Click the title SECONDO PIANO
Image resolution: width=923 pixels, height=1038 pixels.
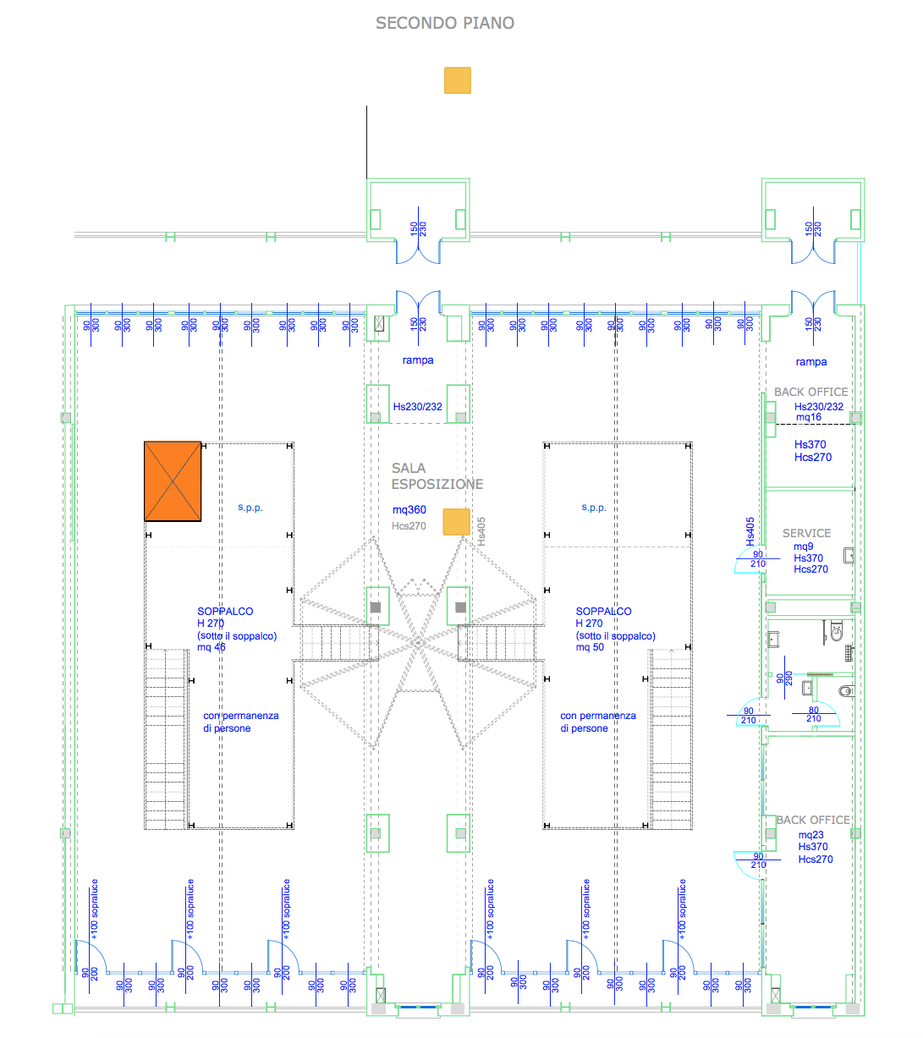tap(445, 24)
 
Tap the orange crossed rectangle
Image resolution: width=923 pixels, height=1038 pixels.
tap(173, 481)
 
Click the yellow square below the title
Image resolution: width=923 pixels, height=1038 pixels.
tap(458, 80)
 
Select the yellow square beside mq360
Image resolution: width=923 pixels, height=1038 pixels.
tap(457, 522)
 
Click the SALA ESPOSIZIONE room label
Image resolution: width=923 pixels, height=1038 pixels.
tap(437, 476)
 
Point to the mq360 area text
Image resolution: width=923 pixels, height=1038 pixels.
tap(409, 510)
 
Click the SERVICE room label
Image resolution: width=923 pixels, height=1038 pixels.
tap(806, 533)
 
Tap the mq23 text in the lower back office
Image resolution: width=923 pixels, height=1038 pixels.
tap(810, 835)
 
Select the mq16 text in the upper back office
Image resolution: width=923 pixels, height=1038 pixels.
tap(809, 417)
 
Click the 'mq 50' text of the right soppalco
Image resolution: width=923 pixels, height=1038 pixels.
tap(591, 647)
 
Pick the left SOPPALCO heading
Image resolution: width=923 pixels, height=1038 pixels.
tap(225, 611)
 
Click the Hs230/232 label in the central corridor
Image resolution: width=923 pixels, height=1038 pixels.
tap(417, 407)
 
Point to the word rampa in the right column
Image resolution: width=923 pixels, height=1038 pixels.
tap(811, 362)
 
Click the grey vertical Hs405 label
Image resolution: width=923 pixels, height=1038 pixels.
tap(481, 531)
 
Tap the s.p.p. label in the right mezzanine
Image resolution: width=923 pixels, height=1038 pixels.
tap(594, 508)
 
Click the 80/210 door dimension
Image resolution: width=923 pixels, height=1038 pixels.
tap(814, 715)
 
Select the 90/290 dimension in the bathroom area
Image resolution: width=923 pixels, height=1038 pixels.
tap(784, 678)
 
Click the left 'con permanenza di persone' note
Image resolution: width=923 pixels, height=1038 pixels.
tap(240, 722)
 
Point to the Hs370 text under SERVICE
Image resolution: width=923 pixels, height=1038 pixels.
tap(808, 558)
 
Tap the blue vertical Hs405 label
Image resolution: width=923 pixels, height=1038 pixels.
tap(750, 531)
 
